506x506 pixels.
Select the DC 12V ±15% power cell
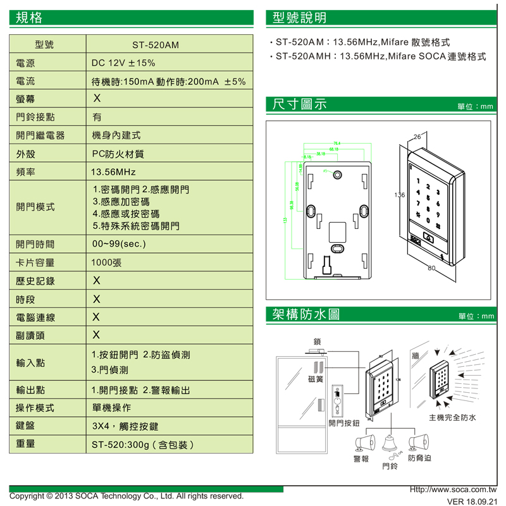point(123,64)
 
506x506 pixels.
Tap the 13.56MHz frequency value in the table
point(113,172)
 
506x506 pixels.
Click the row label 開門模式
point(35,207)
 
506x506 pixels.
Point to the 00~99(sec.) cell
point(120,244)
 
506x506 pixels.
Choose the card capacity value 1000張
point(107,262)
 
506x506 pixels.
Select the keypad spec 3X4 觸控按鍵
point(130,426)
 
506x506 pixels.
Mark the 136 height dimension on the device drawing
point(399,195)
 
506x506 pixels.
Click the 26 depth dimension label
point(417,137)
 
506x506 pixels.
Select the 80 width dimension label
point(432,269)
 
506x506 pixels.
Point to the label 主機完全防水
point(452,417)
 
